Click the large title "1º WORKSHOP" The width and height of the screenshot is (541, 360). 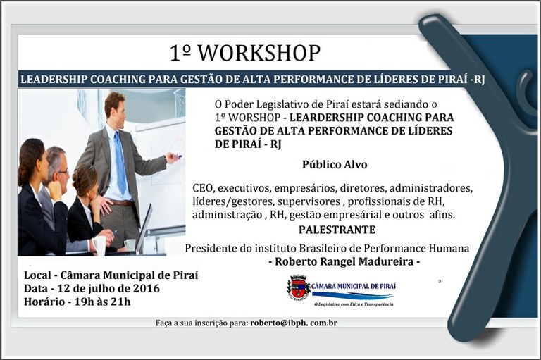[x=244, y=53]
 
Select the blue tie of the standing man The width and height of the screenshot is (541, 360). [x=120, y=163]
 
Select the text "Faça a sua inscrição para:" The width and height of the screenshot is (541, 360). [x=201, y=323]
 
